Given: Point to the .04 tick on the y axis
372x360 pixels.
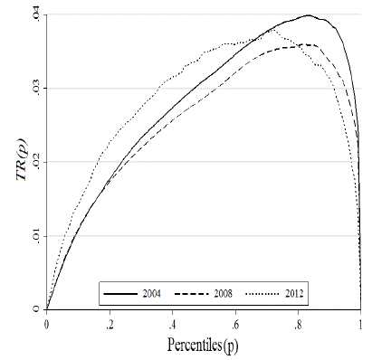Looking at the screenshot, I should [x=34, y=14].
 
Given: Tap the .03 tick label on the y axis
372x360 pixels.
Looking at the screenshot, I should [x=34, y=88].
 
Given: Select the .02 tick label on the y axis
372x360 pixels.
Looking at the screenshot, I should [x=34, y=161].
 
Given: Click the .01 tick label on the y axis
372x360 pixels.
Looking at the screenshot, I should [x=34, y=235].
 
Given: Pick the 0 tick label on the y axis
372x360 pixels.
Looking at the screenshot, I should [x=35, y=308].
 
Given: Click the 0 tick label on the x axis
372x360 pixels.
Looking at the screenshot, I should [x=46, y=323].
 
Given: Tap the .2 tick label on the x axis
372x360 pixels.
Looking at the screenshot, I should [x=109, y=323].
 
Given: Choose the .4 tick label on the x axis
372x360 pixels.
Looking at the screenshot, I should [x=172, y=323].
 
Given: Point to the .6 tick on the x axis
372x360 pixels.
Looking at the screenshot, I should [x=234, y=323].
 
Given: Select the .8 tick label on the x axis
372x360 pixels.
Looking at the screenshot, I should [x=298, y=323].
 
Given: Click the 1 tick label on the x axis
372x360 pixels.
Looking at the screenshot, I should [x=361, y=323].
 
